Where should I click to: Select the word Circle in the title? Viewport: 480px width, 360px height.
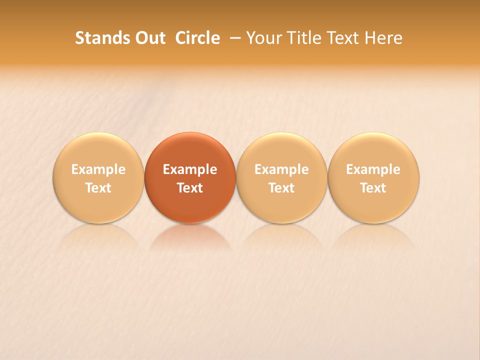(x=197, y=38)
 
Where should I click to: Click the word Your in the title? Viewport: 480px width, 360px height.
(x=263, y=38)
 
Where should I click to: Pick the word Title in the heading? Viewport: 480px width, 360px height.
(x=303, y=38)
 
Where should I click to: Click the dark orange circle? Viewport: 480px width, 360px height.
(x=190, y=150)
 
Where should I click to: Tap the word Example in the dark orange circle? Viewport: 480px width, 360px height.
(x=190, y=169)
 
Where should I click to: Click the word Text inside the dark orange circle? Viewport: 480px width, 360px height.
(x=190, y=188)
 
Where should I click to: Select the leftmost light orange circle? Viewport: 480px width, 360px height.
(x=98, y=150)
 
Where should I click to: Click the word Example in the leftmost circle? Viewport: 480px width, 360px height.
(x=98, y=169)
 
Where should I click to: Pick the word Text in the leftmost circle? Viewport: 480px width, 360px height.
(x=98, y=188)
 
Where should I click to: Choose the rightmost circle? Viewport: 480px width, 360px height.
(x=373, y=150)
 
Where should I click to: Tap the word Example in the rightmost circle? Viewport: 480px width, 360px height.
(x=373, y=169)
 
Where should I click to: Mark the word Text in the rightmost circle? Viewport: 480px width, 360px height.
(x=373, y=188)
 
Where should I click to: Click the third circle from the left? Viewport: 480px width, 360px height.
(x=281, y=150)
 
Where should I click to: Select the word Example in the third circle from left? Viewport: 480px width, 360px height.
(x=281, y=169)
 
